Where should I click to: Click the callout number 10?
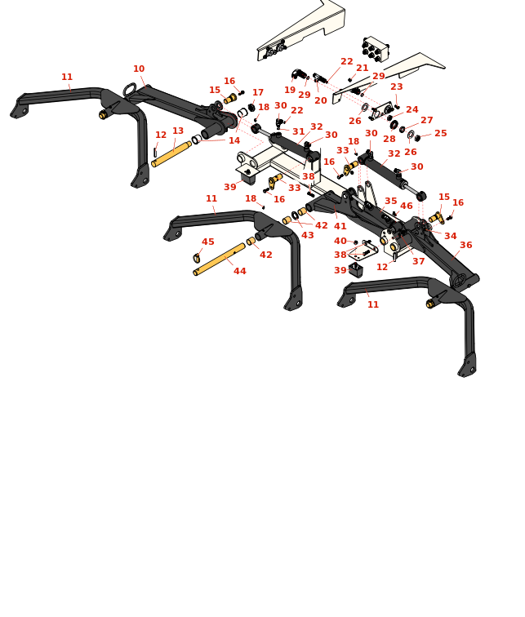(139, 69)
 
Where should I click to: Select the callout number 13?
(178, 131)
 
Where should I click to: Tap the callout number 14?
(234, 141)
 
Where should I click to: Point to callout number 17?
(258, 93)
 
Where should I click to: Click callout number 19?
(290, 91)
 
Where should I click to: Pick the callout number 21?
(363, 69)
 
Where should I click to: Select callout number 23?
(397, 87)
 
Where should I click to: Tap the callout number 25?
(441, 134)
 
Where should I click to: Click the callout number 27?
(427, 121)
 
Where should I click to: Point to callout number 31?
(299, 132)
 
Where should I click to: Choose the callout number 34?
(451, 237)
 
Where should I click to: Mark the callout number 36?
(465, 246)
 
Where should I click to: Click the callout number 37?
(419, 262)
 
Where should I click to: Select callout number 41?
(340, 227)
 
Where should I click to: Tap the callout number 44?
(240, 272)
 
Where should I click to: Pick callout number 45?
(208, 242)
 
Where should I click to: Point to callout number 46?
(407, 206)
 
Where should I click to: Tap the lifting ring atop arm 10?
(130, 89)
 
